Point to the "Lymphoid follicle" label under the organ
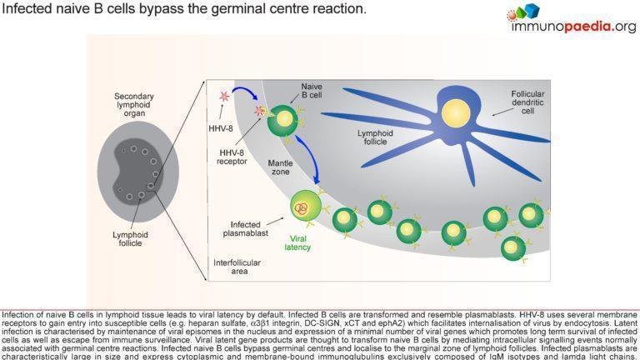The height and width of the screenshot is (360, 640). point(133,239)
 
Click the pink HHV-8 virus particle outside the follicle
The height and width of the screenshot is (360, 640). point(223,96)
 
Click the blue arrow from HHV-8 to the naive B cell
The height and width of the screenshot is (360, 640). point(249,90)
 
